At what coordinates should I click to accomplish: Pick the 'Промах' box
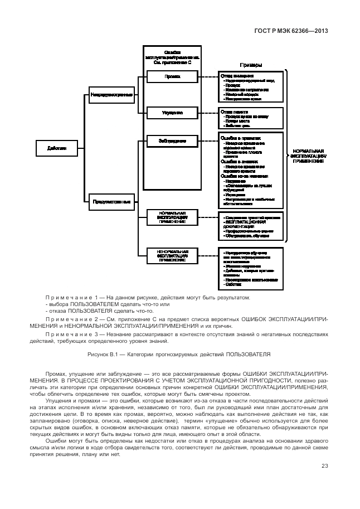(172, 77)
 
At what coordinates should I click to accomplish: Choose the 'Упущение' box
(172, 113)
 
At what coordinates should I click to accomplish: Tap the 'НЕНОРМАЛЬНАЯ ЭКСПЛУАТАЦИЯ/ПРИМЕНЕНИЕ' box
(172, 255)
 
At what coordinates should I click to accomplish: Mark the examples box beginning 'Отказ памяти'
(251, 118)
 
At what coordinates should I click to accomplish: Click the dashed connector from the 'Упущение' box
(209, 113)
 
